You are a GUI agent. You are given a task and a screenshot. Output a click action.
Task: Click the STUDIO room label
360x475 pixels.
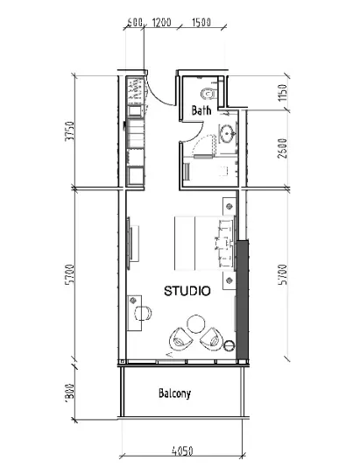pyautogui.click(x=187, y=291)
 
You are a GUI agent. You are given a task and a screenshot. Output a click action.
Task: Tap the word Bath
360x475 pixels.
pyautogui.click(x=201, y=111)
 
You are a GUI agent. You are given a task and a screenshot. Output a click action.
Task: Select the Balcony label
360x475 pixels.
pyautogui.click(x=174, y=393)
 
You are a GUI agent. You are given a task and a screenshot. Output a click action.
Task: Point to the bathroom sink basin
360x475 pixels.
pyautogui.click(x=226, y=134)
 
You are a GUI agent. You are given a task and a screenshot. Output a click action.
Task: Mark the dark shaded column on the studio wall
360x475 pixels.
pyautogui.click(x=244, y=298)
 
